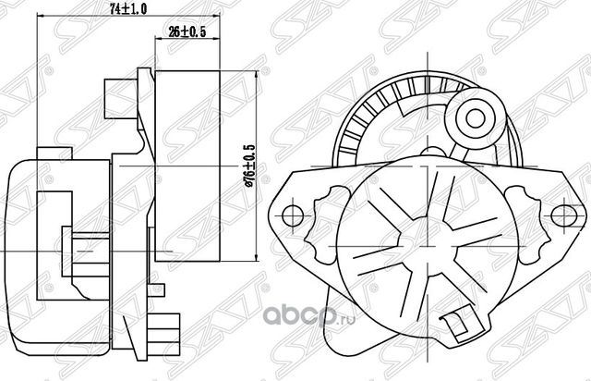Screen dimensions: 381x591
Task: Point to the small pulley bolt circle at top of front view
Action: click(476, 118)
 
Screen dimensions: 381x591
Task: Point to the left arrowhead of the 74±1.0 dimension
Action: click(38, 18)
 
